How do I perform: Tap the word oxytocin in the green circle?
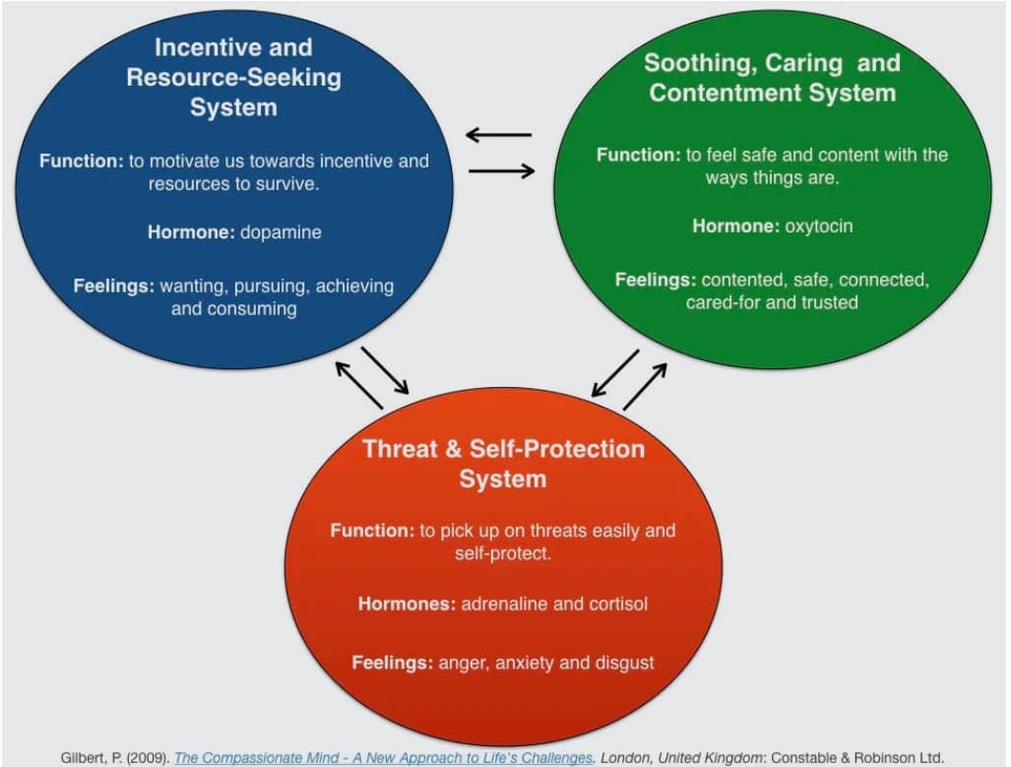click(x=819, y=225)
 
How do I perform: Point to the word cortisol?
click(x=616, y=603)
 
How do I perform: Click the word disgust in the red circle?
click(x=621, y=662)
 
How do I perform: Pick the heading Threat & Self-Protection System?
click(x=502, y=464)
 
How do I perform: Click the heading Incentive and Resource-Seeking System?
click(x=233, y=77)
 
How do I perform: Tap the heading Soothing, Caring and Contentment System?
click(x=772, y=78)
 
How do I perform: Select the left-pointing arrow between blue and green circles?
click(x=499, y=134)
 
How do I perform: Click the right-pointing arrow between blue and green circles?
click(x=501, y=171)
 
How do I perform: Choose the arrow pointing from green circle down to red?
click(x=615, y=373)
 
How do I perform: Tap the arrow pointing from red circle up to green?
click(x=645, y=386)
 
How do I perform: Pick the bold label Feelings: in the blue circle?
click(x=113, y=287)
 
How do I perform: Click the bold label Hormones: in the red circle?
click(x=407, y=603)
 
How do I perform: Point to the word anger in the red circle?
click(x=463, y=662)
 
